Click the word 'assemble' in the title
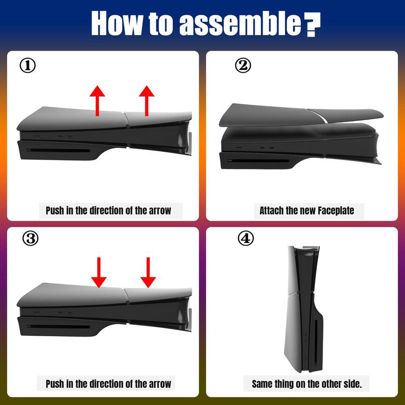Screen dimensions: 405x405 pyautogui.click(x=240, y=23)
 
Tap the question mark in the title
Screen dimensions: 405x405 pyautogui.click(x=312, y=24)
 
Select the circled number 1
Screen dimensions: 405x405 pyautogui.click(x=27, y=66)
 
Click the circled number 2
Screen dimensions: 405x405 pyautogui.click(x=243, y=66)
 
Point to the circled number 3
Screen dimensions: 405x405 pyautogui.click(x=30, y=238)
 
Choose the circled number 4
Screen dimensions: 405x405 pyautogui.click(x=246, y=238)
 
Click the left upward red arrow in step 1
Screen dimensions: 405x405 pyautogui.click(x=97, y=101)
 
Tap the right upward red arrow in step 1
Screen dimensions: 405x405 pyautogui.click(x=147, y=101)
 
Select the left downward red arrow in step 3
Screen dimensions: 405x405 pyautogui.click(x=99, y=272)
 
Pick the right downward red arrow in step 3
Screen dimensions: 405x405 pyautogui.click(x=148, y=272)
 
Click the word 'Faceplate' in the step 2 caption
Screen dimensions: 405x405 pyautogui.click(x=336, y=211)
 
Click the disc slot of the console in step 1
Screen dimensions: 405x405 pyautogui.click(x=59, y=150)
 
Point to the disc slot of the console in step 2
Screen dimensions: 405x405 pyautogui.click(x=258, y=161)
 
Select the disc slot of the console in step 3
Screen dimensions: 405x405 pyautogui.click(x=58, y=327)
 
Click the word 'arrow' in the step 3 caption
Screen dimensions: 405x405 pyautogui.click(x=160, y=384)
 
